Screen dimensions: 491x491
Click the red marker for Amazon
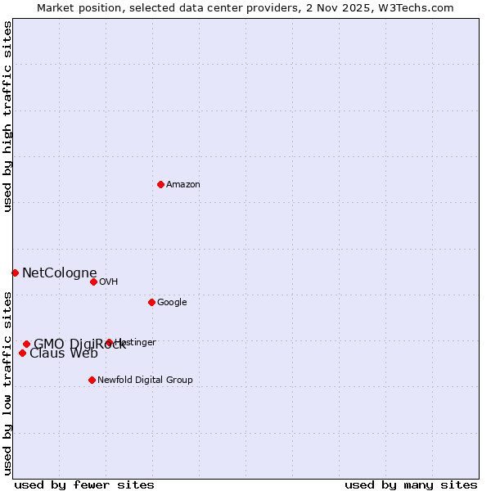(160, 184)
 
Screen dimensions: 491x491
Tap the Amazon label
(183, 185)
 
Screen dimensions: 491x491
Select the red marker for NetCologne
(15, 273)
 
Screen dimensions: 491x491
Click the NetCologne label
(60, 273)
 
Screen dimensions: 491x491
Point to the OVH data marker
(93, 282)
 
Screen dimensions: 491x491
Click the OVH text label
(109, 282)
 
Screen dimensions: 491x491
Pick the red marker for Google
(151, 302)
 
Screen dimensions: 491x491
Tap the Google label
(172, 303)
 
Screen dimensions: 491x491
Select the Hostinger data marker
(109, 342)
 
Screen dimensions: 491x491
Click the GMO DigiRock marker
(26, 344)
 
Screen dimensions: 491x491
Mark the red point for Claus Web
(22, 353)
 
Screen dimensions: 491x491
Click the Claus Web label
(64, 354)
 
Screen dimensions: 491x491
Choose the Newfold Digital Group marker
(92, 380)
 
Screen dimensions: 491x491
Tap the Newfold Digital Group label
(145, 381)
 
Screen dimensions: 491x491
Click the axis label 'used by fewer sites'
(84, 484)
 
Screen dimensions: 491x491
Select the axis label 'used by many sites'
(411, 484)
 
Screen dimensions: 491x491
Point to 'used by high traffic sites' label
(7, 117)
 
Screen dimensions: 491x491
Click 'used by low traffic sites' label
(7, 382)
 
